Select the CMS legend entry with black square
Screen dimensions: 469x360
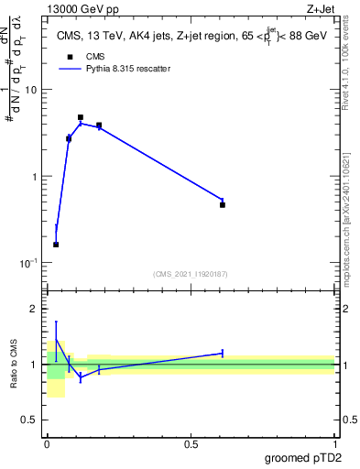click(x=70, y=56)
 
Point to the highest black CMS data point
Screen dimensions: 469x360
click(x=81, y=117)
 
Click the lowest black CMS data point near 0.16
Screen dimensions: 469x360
click(x=56, y=245)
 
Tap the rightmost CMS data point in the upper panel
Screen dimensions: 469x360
click(x=223, y=205)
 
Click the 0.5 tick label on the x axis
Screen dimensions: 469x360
click(x=191, y=444)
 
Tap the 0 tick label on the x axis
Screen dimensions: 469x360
click(x=47, y=444)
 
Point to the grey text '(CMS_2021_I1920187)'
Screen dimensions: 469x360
click(x=191, y=273)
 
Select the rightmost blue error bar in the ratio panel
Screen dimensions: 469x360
click(x=223, y=353)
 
